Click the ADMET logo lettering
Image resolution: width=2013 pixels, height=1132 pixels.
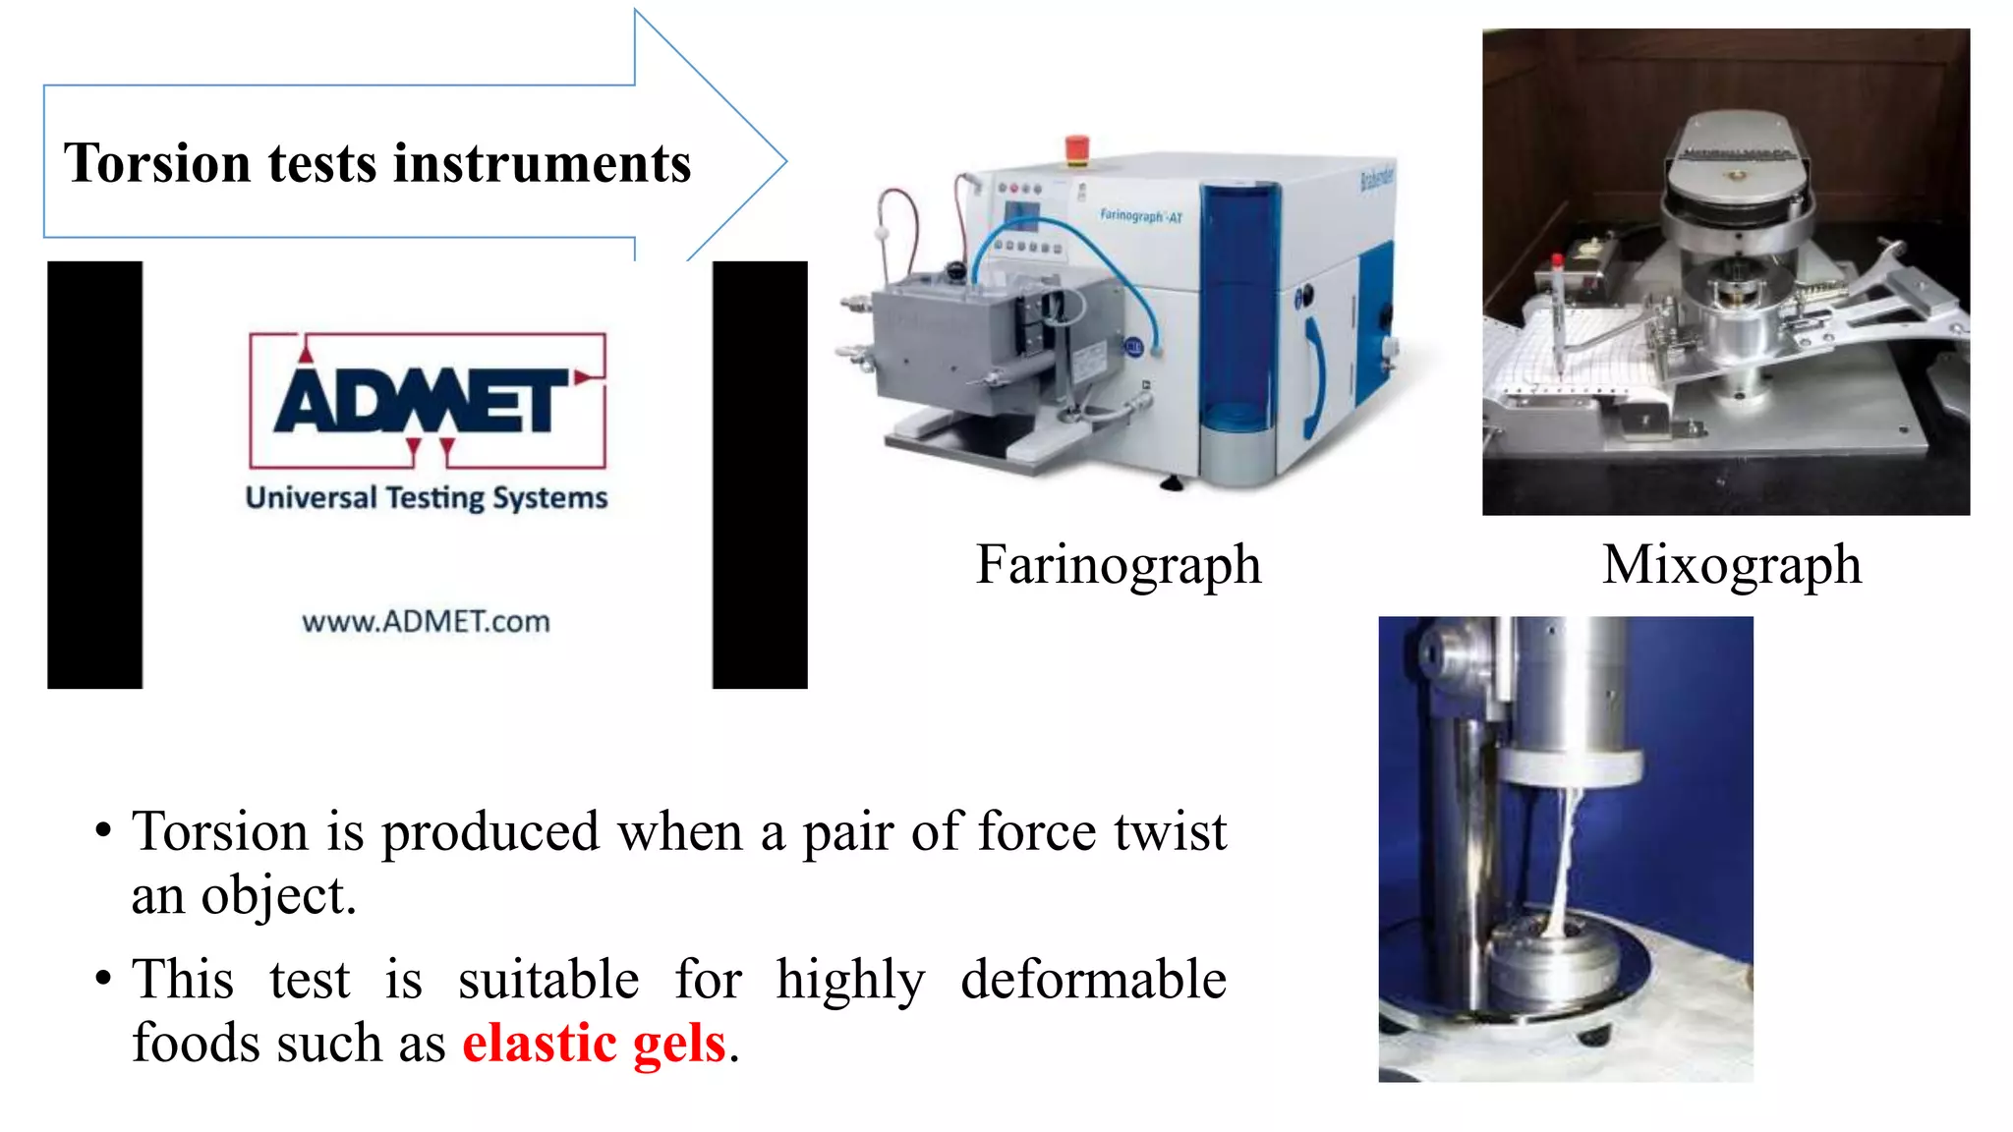click(423, 400)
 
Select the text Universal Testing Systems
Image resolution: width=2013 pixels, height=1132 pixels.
click(427, 498)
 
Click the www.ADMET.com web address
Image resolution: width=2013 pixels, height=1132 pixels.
click(426, 622)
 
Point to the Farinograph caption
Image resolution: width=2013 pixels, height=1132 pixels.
click(1118, 565)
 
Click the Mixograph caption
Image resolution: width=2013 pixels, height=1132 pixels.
click(1732, 565)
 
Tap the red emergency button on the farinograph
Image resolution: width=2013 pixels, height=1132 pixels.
click(1077, 147)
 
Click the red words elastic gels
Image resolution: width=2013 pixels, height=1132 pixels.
click(594, 1043)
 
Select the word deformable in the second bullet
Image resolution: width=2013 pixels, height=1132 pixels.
click(1093, 980)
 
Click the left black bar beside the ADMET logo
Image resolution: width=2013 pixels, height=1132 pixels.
click(94, 475)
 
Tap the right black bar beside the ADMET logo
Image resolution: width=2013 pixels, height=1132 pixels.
click(760, 475)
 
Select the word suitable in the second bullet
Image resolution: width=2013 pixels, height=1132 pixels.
click(548, 980)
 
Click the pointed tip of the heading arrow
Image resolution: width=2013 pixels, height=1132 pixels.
click(782, 162)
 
